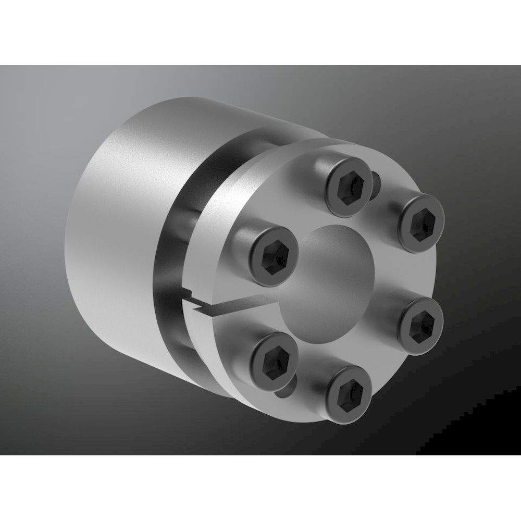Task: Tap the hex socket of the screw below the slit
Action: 274,358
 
